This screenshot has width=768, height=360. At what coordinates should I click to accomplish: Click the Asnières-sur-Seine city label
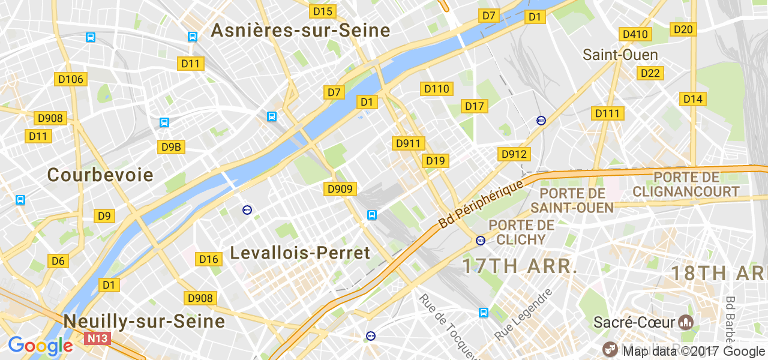tap(300, 31)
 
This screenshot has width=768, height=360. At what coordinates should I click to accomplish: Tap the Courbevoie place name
tap(100, 175)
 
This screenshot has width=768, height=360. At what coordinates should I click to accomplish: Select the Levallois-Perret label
tap(300, 253)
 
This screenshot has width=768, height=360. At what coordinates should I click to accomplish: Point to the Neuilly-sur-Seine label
tap(144, 322)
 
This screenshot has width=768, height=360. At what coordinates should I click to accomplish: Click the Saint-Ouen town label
tap(620, 55)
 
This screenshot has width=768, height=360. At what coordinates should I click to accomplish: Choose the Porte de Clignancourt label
tap(686, 185)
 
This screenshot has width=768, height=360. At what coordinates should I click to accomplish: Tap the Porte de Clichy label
tap(521, 232)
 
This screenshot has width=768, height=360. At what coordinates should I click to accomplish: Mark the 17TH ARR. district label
tap(520, 266)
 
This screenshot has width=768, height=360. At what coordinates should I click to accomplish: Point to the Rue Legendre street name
tap(523, 314)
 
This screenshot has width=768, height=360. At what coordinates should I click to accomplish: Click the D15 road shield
tap(323, 11)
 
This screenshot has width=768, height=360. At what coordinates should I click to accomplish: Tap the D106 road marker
tap(71, 79)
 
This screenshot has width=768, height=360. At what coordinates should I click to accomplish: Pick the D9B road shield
tap(170, 147)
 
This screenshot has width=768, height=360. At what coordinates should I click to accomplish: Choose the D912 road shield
tap(514, 155)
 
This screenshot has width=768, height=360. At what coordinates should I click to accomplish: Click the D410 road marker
tap(635, 34)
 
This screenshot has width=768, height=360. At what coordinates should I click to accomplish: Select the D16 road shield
tap(209, 259)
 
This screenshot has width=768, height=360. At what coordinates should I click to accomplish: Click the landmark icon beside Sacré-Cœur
tap(685, 322)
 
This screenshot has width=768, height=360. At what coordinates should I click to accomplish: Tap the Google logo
tap(40, 346)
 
